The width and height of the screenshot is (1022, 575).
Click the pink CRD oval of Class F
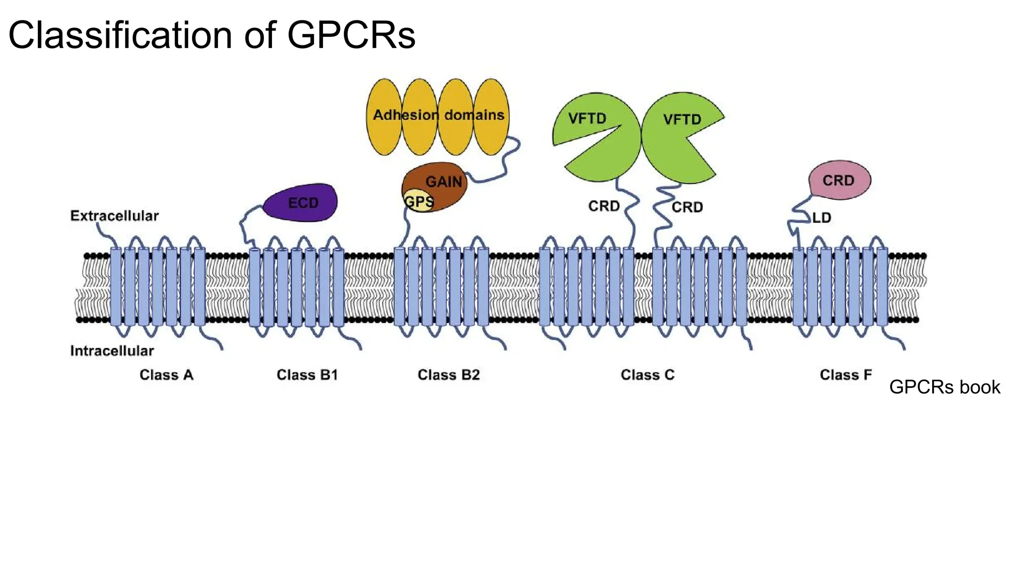[839, 180]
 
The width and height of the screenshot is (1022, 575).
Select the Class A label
[166, 375]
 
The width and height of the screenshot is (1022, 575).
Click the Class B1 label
[307, 375]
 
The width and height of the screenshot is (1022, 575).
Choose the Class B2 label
[449, 375]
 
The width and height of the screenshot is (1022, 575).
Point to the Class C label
[647, 375]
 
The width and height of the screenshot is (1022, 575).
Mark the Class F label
[845, 375]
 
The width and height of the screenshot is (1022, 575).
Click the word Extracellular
[114, 216]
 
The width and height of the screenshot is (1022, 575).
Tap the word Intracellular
[112, 351]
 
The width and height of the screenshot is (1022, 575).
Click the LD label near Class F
[821, 218]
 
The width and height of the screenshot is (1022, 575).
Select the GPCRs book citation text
[944, 387]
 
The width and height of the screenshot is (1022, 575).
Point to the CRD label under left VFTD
[604, 206]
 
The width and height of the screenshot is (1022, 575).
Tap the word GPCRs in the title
[351, 35]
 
